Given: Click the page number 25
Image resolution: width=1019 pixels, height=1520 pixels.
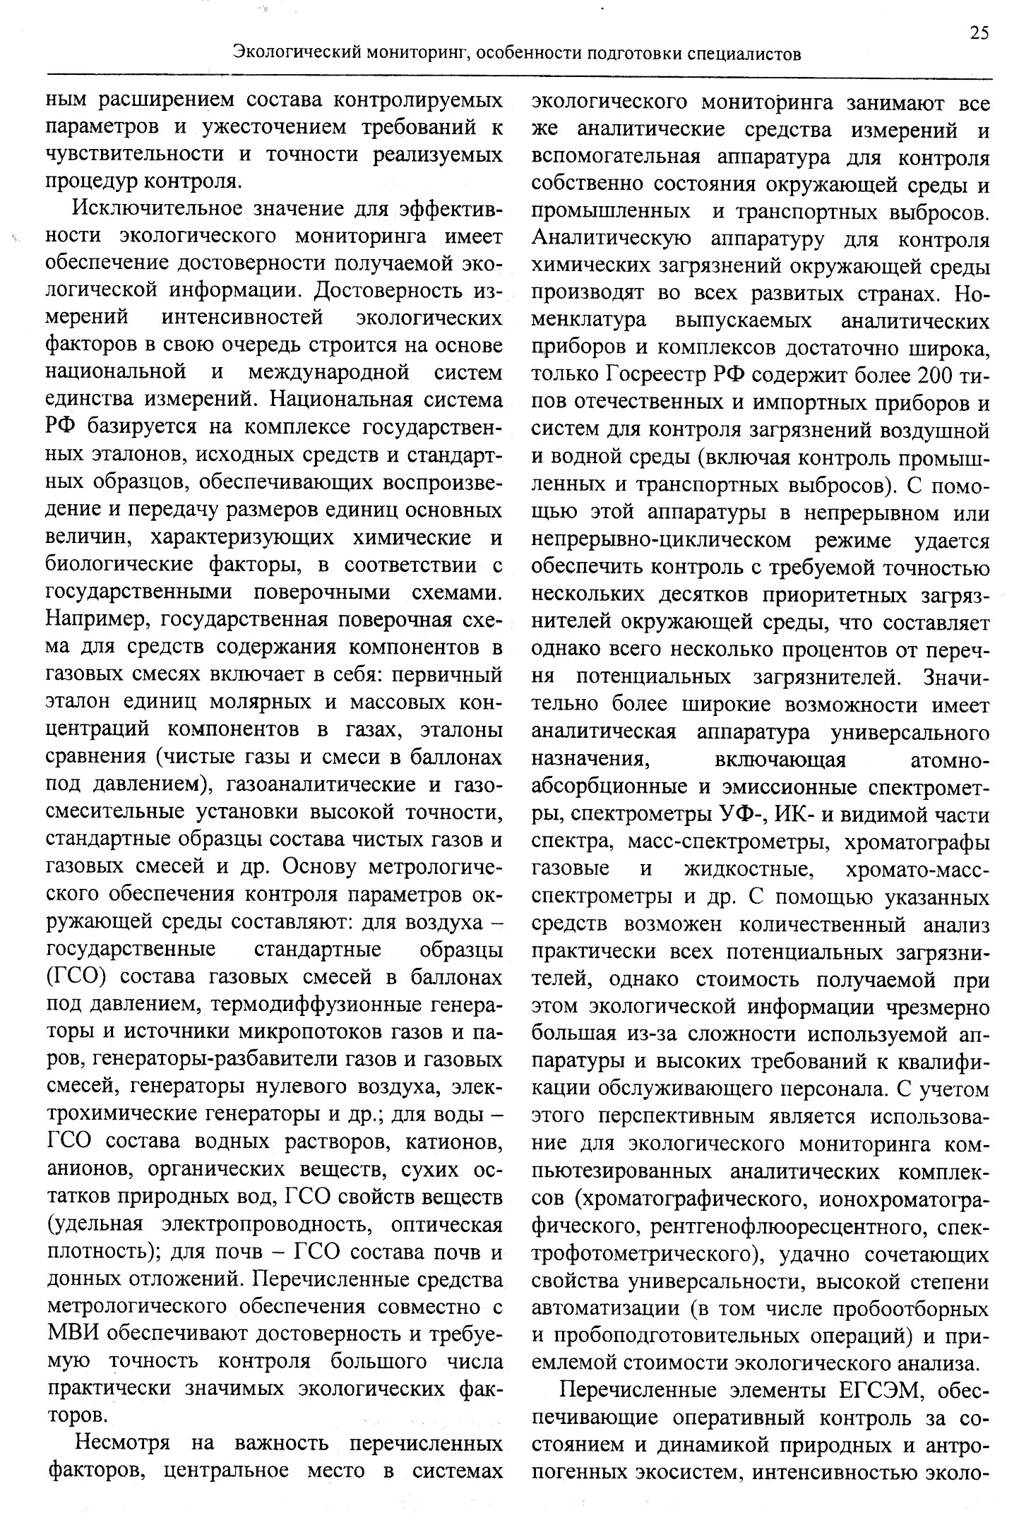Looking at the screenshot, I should (979, 33).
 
